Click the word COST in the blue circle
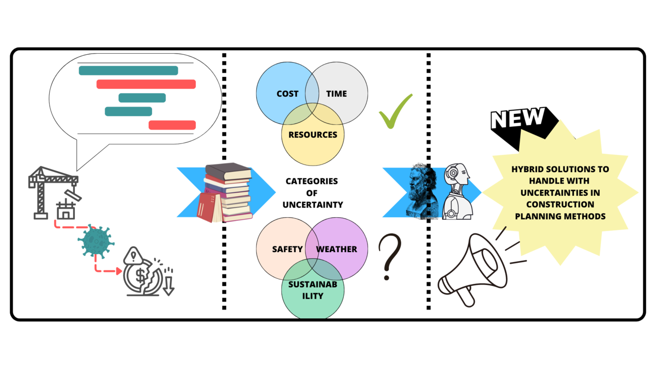[287, 94]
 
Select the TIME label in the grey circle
[336, 94]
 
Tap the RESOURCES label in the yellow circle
[313, 135]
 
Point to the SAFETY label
[288, 249]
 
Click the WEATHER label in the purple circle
[337, 249]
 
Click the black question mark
[389, 256]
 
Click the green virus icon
[95, 241]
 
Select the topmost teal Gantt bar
[128, 71]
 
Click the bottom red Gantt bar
[172, 125]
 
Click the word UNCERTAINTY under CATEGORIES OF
[313, 204]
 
